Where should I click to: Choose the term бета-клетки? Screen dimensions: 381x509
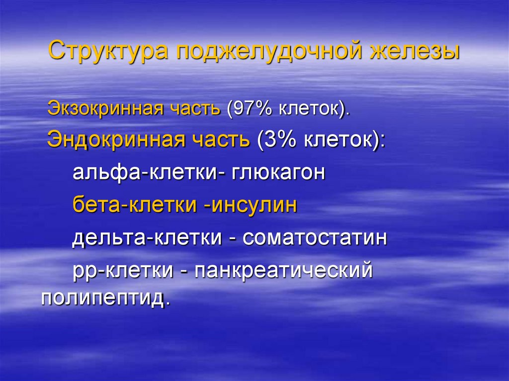(134, 205)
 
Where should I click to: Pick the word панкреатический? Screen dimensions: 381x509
(284, 271)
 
